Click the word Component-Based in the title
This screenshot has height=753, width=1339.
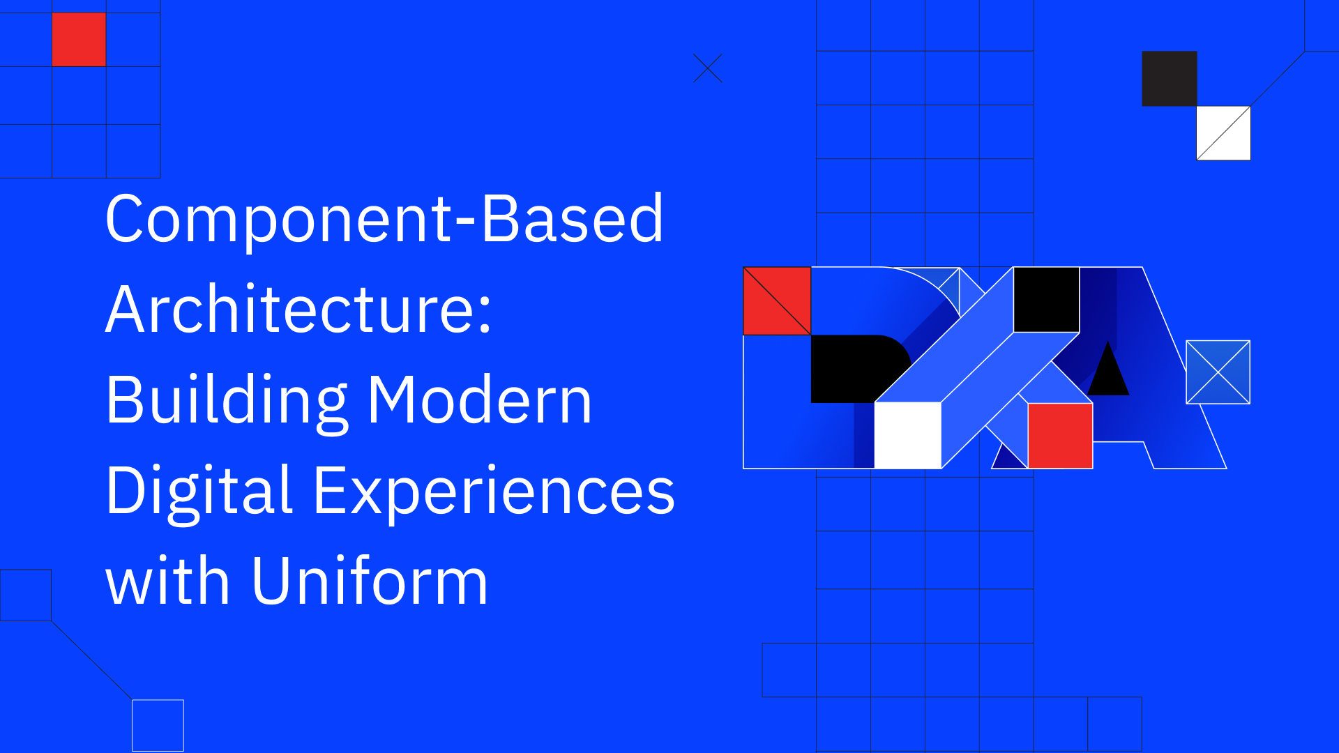click(384, 220)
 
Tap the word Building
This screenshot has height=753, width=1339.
click(227, 401)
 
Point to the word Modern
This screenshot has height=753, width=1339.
click(480, 401)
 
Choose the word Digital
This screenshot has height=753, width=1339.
click(199, 492)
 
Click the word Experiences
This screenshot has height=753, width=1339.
click(494, 492)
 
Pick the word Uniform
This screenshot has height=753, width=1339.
click(370, 582)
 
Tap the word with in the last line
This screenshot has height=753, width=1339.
click(167, 582)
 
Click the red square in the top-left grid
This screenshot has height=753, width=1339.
click(79, 40)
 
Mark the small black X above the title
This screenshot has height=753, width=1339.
click(708, 68)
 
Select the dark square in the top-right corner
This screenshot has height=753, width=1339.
click(1170, 79)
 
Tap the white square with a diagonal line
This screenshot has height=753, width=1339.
click(1224, 133)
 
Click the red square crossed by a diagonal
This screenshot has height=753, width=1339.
click(777, 301)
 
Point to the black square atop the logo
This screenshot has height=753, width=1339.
click(1046, 300)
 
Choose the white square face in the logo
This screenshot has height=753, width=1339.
click(907, 436)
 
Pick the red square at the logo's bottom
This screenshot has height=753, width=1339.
click(1060, 436)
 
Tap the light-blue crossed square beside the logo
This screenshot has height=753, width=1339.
click(1218, 372)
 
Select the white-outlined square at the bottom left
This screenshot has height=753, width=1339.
click(158, 725)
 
